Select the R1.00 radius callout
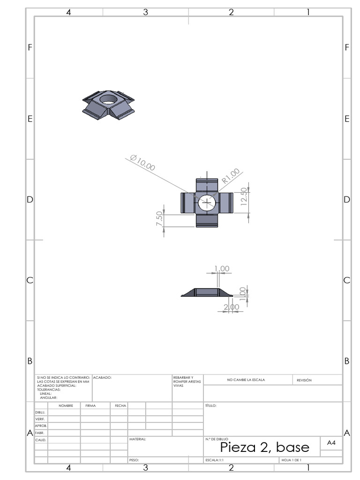tap(231, 176)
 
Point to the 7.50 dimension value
tap(159, 219)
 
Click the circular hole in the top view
tap(206, 202)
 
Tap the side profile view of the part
tap(206, 292)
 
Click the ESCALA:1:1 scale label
tap(214, 460)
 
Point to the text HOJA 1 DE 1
tap(291, 460)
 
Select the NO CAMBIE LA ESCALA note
tap(246, 380)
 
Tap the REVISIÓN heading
tap(304, 380)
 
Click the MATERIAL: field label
tap(137, 440)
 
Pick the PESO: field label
tap(134, 460)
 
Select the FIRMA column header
tap(90, 405)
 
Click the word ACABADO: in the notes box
tap(102, 377)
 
